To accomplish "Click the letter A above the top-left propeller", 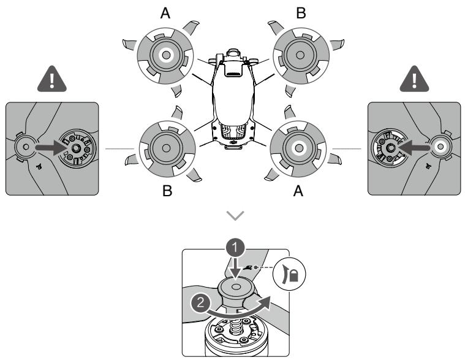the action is (x=165, y=13).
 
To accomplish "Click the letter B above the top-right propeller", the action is (x=301, y=13).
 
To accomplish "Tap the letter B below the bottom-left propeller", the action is (x=167, y=191).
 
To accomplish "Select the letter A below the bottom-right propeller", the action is (x=298, y=191).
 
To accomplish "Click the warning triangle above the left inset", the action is (x=52, y=79).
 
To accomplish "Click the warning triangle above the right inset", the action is (x=414, y=79).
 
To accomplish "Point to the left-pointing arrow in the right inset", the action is (x=414, y=148).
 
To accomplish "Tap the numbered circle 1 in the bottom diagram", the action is (x=235, y=247).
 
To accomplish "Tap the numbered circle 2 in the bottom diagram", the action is (x=201, y=303).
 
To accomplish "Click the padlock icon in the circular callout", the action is (x=293, y=277).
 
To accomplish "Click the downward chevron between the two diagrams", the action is (x=235, y=215).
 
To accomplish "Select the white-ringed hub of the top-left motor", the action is (x=166, y=55).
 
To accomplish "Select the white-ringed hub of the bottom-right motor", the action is (x=299, y=148).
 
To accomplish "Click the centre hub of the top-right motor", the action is (x=300, y=55).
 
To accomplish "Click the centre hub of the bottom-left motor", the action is (x=166, y=148).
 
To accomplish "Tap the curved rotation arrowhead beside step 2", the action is (x=263, y=304).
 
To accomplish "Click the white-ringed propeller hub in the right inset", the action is (x=440, y=147).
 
